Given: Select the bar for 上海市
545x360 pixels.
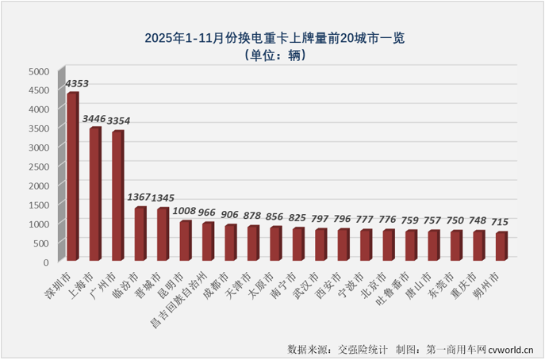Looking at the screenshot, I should (94, 194).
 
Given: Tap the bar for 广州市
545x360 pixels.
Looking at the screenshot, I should (117, 196).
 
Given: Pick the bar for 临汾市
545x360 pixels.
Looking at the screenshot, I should (140, 234).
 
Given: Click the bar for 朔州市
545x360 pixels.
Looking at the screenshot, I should (501, 247).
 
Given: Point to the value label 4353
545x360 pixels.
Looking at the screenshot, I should (77, 82).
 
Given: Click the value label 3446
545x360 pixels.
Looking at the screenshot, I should (95, 118).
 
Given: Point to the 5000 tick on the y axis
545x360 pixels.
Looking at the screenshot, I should (39, 71).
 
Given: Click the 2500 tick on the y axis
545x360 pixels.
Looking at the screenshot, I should (39, 167).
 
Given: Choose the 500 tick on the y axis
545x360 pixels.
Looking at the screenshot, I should (41, 243).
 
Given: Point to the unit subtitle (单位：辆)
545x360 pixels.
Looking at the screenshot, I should (272, 56).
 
